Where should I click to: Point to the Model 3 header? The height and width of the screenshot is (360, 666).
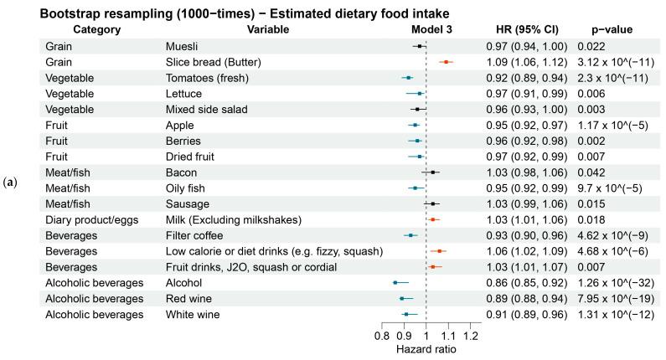(426, 29)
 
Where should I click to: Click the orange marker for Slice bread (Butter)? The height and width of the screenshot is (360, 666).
(447, 61)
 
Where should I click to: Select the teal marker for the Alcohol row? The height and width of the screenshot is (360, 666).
(395, 283)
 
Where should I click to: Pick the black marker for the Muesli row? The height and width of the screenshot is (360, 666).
(420, 46)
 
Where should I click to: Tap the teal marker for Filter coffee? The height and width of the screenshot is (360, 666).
(410, 235)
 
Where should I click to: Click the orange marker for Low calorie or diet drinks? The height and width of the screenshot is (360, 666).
(440, 251)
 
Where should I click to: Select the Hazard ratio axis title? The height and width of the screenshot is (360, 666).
(426, 350)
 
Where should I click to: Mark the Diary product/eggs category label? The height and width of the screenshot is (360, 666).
(92, 219)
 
